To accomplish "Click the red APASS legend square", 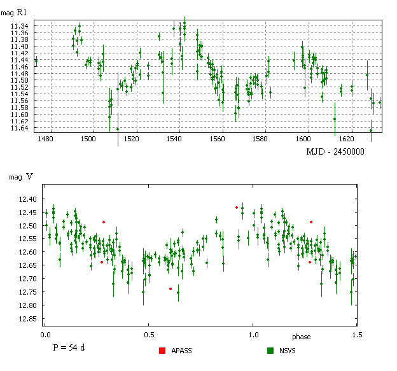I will point(162,350).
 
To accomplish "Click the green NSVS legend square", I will point(270,350).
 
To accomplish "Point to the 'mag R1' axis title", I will point(14,12).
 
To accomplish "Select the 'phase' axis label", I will point(301,336).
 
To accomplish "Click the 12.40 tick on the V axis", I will point(25,199).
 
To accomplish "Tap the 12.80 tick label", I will point(25,305).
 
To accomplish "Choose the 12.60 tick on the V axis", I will point(25,253).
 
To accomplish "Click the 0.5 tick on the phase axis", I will point(149,333).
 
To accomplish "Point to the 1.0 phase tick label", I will point(254,333).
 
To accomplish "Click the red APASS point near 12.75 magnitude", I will point(171,289).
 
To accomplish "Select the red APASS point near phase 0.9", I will point(237,207).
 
